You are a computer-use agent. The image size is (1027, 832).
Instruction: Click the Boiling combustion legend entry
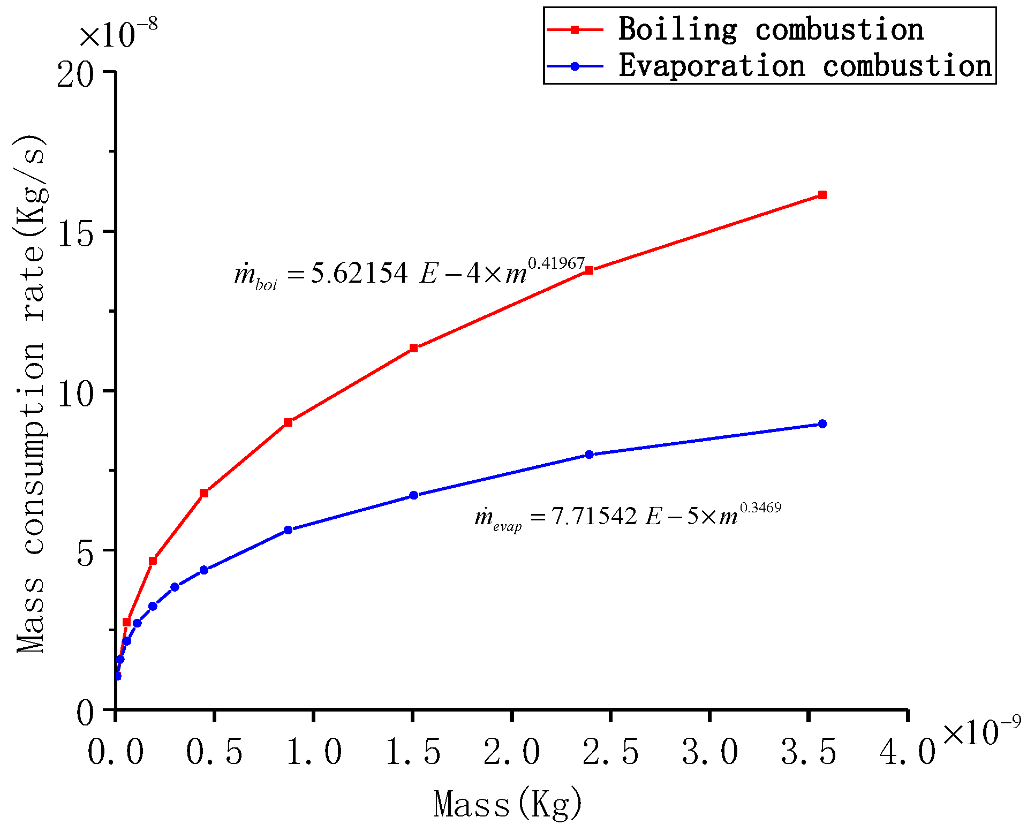tap(770, 29)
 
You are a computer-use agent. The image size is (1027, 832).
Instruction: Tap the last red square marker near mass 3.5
tap(822, 195)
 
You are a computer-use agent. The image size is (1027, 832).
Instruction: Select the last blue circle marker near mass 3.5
tap(822, 423)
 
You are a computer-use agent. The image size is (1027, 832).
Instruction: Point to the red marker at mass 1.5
tap(413, 348)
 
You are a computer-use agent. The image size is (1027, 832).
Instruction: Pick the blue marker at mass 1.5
tap(413, 495)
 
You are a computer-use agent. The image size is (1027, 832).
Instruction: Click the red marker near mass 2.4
tap(589, 270)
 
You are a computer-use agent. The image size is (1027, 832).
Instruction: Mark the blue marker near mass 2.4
tap(589, 455)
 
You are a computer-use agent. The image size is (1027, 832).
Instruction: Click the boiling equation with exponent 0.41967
tap(410, 273)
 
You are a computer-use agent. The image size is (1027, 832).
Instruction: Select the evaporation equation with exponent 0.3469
tap(628, 516)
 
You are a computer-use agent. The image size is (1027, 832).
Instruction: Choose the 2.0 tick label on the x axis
tap(512, 752)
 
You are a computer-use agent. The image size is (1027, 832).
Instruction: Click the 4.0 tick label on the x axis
tap(908, 752)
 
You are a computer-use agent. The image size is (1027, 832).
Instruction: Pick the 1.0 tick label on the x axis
tap(314, 752)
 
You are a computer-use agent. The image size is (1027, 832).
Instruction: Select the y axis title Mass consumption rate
tap(31, 394)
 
